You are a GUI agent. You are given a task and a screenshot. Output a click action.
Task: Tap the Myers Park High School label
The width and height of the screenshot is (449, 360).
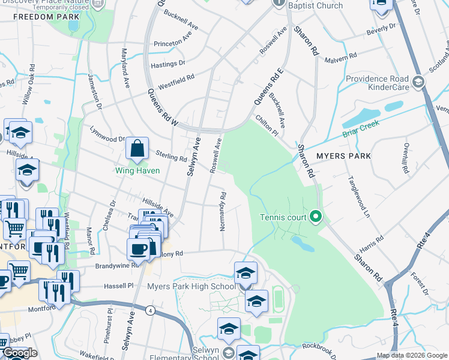191,286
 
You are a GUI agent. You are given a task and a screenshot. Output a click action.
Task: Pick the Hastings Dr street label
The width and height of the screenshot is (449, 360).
169,63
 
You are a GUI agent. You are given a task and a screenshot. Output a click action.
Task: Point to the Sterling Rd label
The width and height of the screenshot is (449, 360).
172,157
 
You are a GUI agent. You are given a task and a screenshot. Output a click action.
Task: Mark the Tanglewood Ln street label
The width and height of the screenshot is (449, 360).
357,194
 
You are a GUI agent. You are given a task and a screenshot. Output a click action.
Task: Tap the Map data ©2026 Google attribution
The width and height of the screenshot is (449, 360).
412,355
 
